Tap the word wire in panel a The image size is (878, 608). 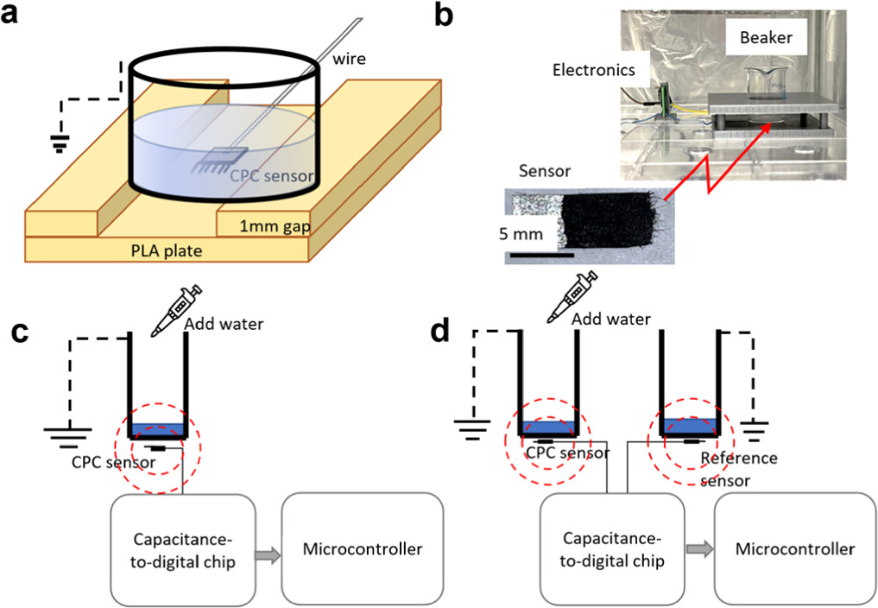click(x=349, y=58)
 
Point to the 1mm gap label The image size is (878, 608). click(x=275, y=225)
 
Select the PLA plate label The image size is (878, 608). click(x=167, y=250)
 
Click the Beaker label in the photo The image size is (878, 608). click(x=766, y=37)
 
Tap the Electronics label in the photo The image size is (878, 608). click(x=594, y=70)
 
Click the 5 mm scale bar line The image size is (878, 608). click(x=541, y=255)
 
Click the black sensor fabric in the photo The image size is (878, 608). click(x=610, y=221)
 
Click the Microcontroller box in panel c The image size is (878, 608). click(x=363, y=549)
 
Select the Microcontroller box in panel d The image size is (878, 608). click(x=795, y=549)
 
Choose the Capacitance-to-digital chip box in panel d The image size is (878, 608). click(x=612, y=549)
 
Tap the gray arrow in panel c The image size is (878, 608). click(x=268, y=555)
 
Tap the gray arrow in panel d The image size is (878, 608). click(x=699, y=549)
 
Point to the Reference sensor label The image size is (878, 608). click(x=738, y=470)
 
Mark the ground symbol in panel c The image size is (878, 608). click(x=68, y=438)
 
